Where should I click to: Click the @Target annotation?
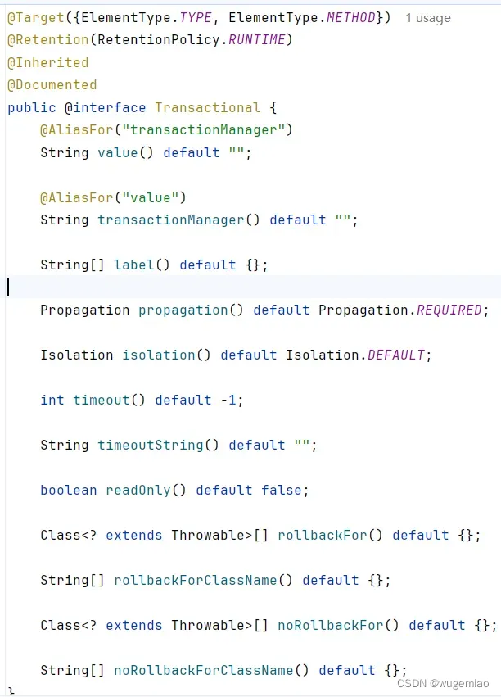(30, 17)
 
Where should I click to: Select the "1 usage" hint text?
(427, 17)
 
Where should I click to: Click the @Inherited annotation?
(47, 62)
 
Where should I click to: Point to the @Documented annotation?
(52, 84)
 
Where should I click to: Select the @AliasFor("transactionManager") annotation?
(166, 129)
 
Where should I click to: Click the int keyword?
(52, 400)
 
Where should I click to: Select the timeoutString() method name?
(159, 445)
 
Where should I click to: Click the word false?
(282, 490)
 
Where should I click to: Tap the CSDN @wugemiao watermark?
(443, 682)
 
